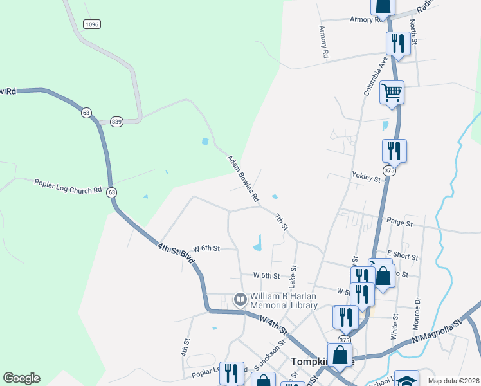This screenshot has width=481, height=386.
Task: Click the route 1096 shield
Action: [91, 24]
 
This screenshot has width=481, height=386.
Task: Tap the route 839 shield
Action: [116, 122]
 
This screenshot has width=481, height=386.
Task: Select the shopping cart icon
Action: [392, 91]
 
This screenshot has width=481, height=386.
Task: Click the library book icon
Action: [240, 299]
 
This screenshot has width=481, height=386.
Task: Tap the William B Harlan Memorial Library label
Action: [284, 301]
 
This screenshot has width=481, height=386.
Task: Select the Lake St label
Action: [293, 276]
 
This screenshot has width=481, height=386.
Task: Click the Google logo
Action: [21, 378]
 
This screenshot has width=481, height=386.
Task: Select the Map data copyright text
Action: [453, 381]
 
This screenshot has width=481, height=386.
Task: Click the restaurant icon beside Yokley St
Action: [394, 151]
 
